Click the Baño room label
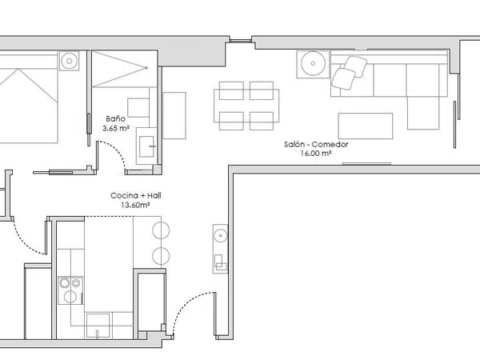(x=116, y=118)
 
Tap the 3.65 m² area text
(x=116, y=128)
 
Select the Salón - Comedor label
(x=316, y=144)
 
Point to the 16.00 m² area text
(x=316, y=154)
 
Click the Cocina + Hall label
(x=136, y=196)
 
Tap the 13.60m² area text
(x=135, y=205)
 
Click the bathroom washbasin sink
(x=146, y=146)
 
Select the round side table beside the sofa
(x=313, y=64)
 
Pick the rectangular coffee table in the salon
(x=366, y=126)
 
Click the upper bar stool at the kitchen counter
(x=161, y=230)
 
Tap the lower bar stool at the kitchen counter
(x=161, y=256)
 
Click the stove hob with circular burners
(x=70, y=290)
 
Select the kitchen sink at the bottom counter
(x=98, y=326)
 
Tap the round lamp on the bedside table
(x=69, y=61)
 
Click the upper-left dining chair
(x=231, y=90)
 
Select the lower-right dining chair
(x=262, y=121)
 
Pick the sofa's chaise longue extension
(x=423, y=113)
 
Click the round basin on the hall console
(x=221, y=236)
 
